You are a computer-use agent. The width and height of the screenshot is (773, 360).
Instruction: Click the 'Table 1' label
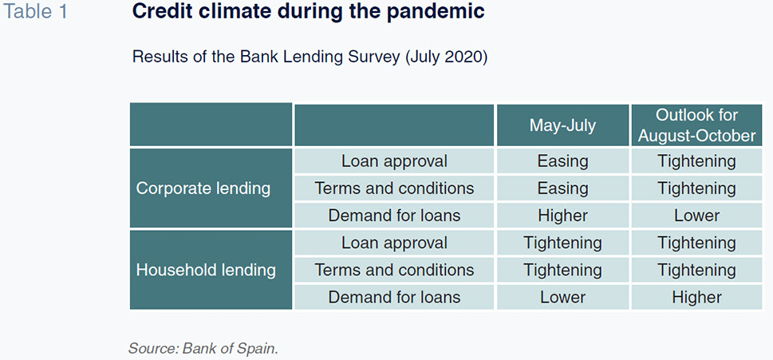tap(35, 12)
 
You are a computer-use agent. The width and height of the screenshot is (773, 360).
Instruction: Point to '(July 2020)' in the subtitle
tap(446, 57)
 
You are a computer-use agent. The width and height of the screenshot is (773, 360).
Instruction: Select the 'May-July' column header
tap(562, 125)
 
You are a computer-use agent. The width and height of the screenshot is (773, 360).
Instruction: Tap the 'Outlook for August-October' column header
tap(696, 125)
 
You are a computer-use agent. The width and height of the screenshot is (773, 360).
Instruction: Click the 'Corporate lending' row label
tap(203, 188)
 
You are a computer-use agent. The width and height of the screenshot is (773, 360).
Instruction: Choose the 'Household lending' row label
tap(206, 271)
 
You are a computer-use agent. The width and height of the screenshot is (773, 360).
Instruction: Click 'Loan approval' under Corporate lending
tap(394, 161)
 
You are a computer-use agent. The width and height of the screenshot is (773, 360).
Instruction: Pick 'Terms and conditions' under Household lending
tap(394, 271)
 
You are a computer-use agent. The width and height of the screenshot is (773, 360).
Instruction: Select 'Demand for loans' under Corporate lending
tap(394, 216)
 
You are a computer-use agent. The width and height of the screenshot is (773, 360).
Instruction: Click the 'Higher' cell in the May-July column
tap(562, 216)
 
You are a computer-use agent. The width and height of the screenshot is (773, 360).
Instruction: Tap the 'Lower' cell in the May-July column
tap(562, 298)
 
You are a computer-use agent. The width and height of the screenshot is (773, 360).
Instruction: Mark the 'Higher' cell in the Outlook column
tap(696, 298)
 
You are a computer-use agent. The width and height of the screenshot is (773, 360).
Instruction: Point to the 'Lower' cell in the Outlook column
tap(696, 216)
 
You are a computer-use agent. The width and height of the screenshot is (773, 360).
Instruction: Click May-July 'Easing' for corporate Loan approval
tap(562, 162)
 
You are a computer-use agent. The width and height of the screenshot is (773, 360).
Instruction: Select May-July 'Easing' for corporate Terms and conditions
tap(562, 189)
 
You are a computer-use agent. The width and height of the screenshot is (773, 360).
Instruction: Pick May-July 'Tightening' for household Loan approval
tap(562, 243)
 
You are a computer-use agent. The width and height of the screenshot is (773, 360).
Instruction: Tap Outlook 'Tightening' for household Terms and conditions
tap(696, 271)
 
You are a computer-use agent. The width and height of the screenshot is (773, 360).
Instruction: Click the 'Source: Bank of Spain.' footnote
tap(203, 349)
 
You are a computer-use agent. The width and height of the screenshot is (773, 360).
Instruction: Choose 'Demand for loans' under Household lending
tap(394, 298)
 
